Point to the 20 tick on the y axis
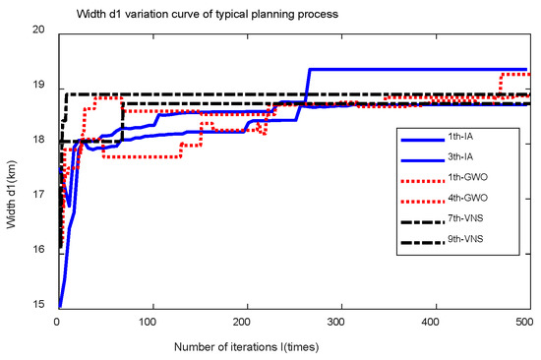(43, 30)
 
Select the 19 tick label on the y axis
(43, 87)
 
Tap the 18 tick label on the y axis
(43, 142)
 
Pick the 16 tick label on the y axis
(43, 253)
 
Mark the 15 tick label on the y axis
(43, 308)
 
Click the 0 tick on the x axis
(57, 322)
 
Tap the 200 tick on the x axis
(245, 322)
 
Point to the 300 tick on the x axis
(338, 322)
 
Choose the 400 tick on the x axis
(433, 322)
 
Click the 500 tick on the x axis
(523, 322)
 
